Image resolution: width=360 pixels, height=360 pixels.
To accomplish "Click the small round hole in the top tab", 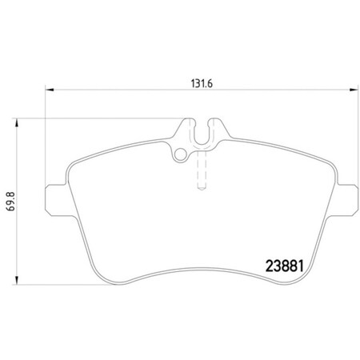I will click(182, 154).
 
